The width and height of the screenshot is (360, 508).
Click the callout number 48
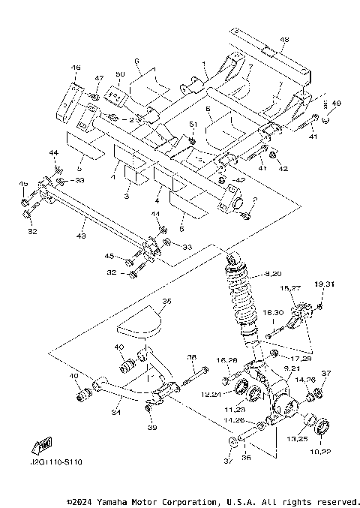pyautogui.click(x=284, y=40)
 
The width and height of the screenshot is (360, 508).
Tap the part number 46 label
pyautogui.click(x=76, y=68)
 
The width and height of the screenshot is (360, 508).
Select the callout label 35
pyautogui.click(x=166, y=301)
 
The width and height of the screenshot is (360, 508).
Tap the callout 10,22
pyautogui.click(x=322, y=450)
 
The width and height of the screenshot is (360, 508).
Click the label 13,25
pyautogui.click(x=298, y=437)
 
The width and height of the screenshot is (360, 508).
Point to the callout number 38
pyautogui.click(x=191, y=357)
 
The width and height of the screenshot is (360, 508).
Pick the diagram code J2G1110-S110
pyautogui.click(x=57, y=463)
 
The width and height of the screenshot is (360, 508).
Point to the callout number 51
pyautogui.click(x=193, y=123)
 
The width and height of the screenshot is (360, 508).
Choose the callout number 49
pyautogui.click(x=337, y=103)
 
